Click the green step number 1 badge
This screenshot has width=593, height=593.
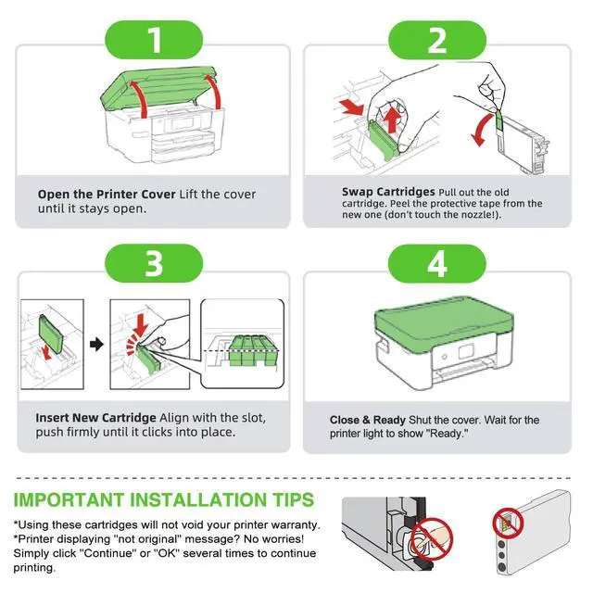pos(154,40)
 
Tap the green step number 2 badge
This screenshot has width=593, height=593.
pos(437,40)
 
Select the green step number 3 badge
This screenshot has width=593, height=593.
pos(154,263)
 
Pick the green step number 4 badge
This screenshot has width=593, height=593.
pos(437,263)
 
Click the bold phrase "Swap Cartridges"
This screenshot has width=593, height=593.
pos(388,192)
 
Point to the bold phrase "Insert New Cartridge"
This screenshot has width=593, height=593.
pos(95,418)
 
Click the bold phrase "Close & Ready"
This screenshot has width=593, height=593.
pos(367,420)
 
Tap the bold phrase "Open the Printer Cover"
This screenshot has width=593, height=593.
pos(107,194)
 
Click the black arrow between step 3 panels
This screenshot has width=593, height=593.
pos(96,344)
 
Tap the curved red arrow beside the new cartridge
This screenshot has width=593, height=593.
pos(481,130)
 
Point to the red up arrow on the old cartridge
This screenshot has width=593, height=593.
pos(392,120)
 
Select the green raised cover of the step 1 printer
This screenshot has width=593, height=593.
pos(158,88)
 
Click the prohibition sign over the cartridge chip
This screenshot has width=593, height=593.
pos(508,524)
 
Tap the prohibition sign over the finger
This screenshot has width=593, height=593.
pos(432,539)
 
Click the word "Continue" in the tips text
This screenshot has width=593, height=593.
pos(107,553)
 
